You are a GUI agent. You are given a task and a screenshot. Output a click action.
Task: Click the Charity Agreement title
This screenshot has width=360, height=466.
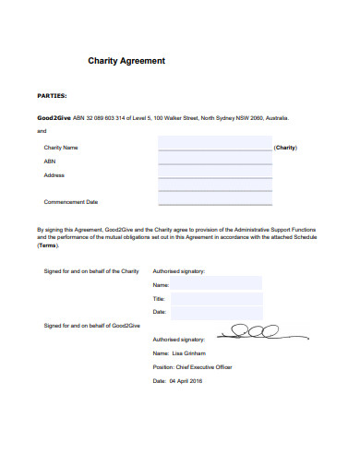click(126, 61)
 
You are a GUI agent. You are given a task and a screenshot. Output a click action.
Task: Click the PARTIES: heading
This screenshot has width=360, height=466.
click(52, 95)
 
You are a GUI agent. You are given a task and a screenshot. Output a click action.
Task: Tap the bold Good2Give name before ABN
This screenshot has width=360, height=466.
click(54, 118)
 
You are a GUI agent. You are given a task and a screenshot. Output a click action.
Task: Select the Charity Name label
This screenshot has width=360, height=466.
click(61, 148)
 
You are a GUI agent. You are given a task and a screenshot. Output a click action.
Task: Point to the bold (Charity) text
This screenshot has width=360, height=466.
click(286, 148)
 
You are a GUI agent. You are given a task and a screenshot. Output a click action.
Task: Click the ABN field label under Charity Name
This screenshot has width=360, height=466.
click(50, 161)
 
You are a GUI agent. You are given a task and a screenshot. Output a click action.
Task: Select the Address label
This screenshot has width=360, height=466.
click(54, 174)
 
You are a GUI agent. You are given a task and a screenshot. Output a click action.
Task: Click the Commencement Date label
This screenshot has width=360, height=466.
click(71, 201)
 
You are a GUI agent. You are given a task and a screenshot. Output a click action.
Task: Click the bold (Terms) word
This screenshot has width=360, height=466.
click(48, 246)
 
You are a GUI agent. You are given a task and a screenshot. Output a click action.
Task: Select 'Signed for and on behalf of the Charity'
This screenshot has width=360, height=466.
click(91, 271)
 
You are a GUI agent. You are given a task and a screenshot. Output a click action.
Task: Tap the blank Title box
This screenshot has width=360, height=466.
click(217, 299)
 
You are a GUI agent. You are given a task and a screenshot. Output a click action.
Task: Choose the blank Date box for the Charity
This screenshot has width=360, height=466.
click(217, 313)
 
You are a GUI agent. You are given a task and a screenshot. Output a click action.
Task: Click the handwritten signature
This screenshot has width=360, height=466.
click(250, 330)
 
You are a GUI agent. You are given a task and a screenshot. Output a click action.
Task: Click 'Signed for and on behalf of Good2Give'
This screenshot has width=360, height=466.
click(92, 326)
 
